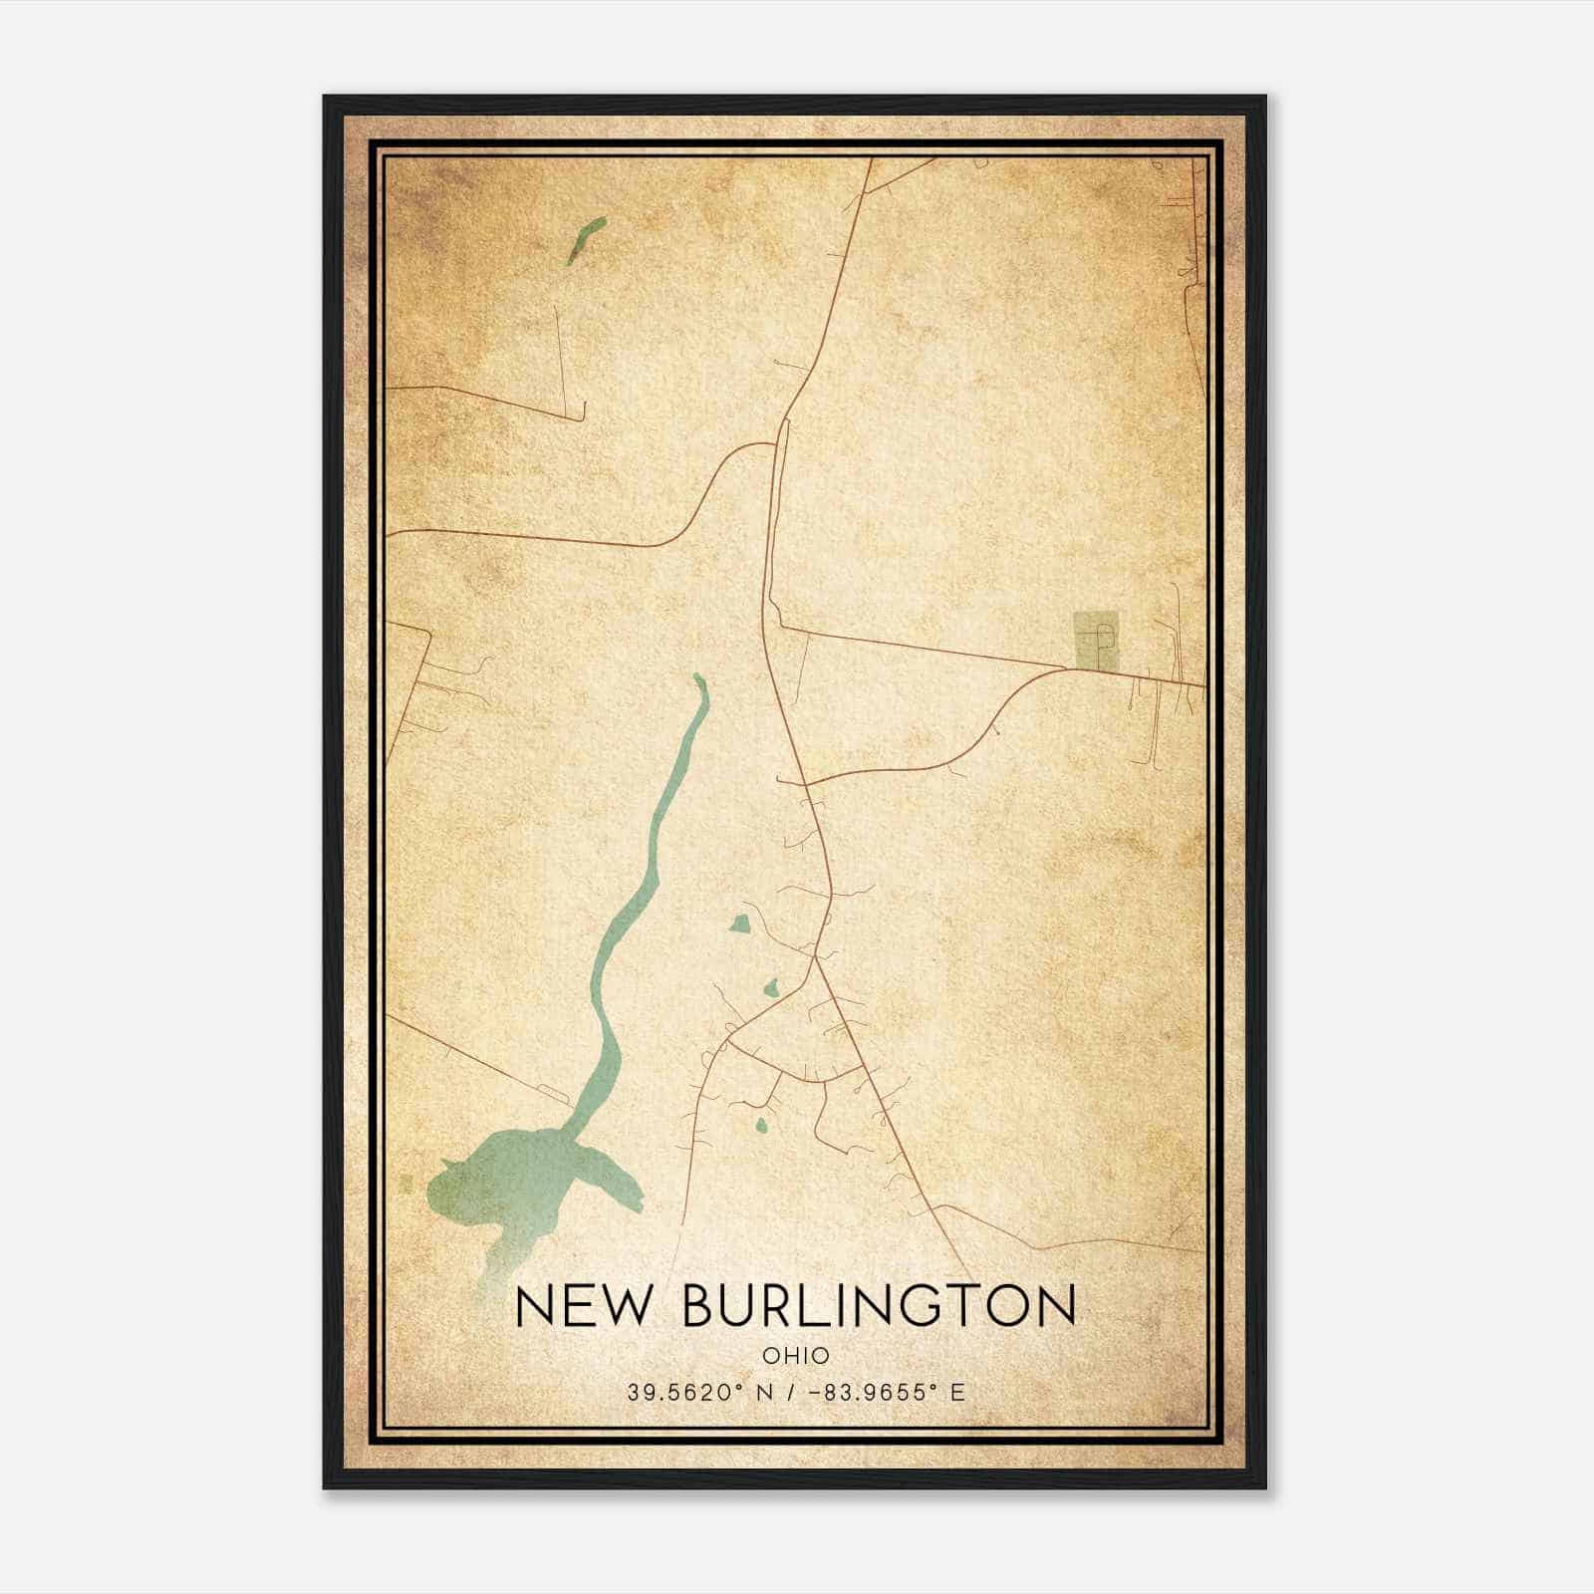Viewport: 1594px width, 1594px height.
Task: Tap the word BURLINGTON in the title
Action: (x=880, y=1306)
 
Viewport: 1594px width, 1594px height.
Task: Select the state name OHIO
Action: (x=796, y=1355)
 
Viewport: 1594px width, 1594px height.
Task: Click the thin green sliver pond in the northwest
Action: (x=587, y=240)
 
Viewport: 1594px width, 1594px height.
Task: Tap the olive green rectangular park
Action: (x=1096, y=641)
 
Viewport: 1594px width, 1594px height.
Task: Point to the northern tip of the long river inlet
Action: (x=698, y=679)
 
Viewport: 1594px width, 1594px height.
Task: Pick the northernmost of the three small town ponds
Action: (x=739, y=925)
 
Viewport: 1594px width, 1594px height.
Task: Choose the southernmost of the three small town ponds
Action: (x=761, y=1127)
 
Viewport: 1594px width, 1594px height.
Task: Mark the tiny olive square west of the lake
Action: (x=404, y=1183)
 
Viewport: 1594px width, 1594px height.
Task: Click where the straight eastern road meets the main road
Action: (x=779, y=627)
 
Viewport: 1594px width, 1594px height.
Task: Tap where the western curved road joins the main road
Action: (x=774, y=444)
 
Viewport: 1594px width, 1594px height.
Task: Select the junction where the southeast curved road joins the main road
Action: (x=804, y=783)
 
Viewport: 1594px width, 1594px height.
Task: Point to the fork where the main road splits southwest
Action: (x=816, y=958)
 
